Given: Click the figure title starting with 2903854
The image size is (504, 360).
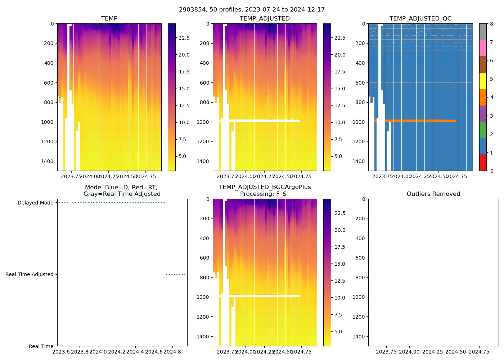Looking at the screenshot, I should tap(252, 10).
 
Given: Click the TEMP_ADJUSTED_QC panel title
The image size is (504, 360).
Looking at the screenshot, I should tap(420, 19).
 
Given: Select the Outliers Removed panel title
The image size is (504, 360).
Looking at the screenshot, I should tap(433, 194).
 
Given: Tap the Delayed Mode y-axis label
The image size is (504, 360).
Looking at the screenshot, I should tap(35, 203).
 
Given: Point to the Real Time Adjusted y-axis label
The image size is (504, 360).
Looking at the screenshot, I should tap(29, 275).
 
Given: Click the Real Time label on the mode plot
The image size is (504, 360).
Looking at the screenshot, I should tap(41, 347).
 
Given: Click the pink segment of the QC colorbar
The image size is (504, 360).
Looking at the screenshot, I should tap(483, 48).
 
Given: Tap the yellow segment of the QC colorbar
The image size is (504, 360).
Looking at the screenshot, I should tap(483, 81).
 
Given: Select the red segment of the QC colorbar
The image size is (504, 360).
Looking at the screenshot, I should tap(483, 162).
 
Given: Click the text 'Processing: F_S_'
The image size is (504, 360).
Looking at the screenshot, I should tap(265, 194).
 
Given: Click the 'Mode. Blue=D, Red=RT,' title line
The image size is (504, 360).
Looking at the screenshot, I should tap(121, 187).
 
